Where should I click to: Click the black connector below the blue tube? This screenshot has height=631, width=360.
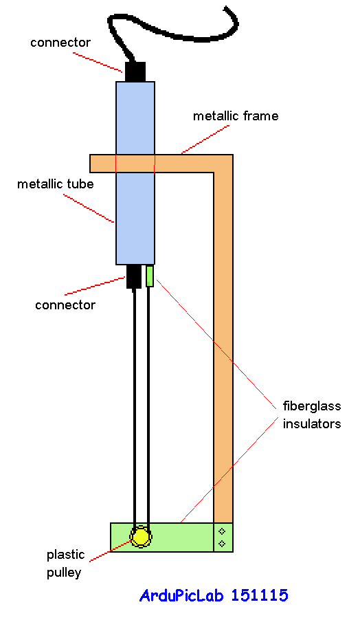pos(134,276)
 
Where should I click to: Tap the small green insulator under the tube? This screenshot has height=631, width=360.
pos(150,276)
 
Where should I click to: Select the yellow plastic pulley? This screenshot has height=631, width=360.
pos(142,537)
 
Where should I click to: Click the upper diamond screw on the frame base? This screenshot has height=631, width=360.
pos(222,532)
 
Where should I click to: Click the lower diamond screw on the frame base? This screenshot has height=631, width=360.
pos(222,544)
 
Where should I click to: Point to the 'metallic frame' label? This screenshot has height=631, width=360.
pos(236,116)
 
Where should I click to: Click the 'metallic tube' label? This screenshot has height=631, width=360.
pos(55,184)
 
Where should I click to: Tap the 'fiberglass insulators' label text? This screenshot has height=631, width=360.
pos(312,415)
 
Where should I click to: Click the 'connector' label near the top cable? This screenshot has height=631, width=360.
pos(60,43)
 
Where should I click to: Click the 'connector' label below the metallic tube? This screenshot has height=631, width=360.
pos(65,305)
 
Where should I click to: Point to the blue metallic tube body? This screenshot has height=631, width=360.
pos(135,206)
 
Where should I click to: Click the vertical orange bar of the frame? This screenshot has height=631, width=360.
pos(224,344)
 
